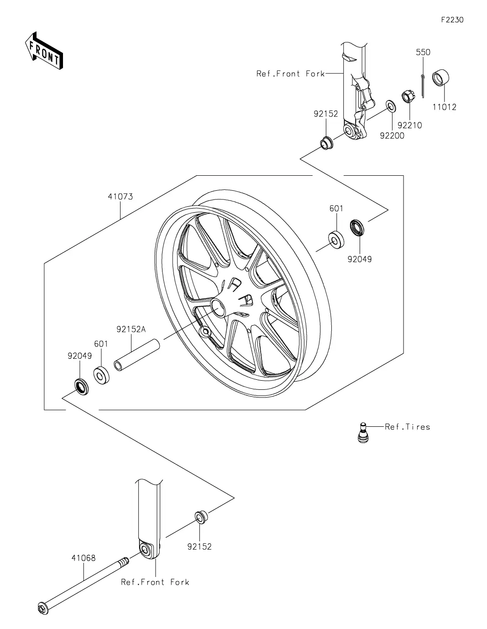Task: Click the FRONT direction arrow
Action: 44,50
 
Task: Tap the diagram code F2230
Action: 452,20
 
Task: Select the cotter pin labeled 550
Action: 423,86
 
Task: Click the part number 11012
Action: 444,107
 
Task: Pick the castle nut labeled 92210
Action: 407,96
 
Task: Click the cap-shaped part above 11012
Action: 440,78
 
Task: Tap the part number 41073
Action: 120,197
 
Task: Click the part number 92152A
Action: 131,329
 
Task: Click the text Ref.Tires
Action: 408,427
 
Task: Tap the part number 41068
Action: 84,558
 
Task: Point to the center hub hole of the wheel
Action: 218,309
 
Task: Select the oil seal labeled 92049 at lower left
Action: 82,387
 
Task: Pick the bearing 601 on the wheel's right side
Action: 336,239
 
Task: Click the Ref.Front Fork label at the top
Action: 290,74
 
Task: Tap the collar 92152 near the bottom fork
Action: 201,517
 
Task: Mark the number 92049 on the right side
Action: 359,259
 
